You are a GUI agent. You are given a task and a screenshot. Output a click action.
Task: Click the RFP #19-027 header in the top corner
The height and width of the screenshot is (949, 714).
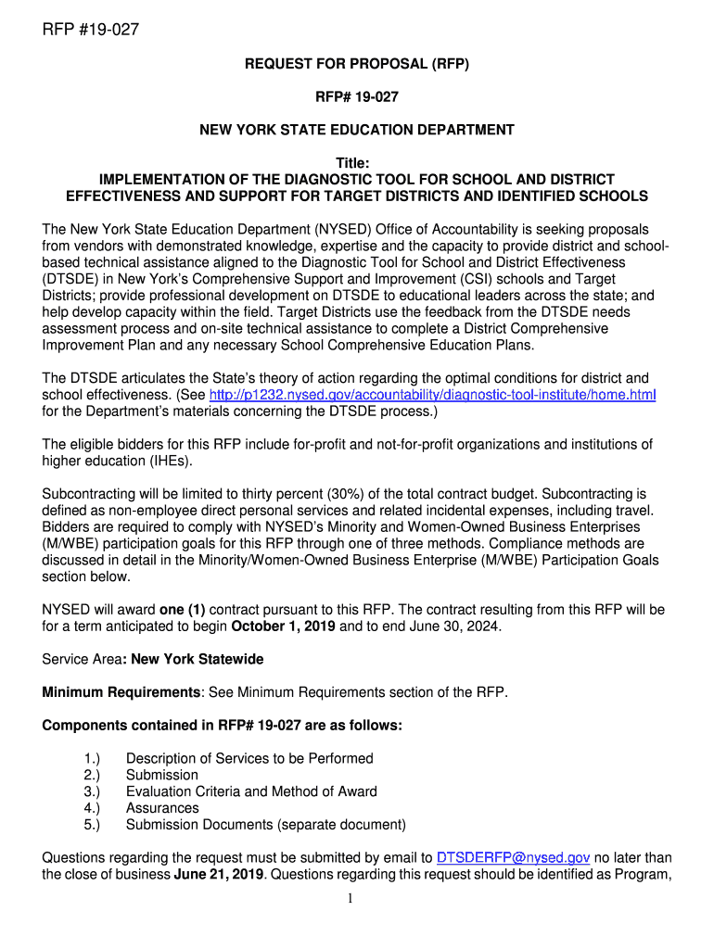pos(91,31)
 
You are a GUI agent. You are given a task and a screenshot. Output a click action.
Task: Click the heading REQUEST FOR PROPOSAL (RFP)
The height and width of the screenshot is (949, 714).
pos(357,64)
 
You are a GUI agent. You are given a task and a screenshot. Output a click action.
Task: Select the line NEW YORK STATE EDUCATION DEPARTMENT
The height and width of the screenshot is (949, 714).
pos(357,130)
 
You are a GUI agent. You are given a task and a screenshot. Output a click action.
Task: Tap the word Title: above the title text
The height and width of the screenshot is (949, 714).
pos(357,163)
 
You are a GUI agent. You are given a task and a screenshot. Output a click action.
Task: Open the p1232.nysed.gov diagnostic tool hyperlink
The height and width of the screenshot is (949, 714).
pos(433,395)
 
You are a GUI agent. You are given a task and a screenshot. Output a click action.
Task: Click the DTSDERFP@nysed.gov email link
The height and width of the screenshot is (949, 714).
pos(513,857)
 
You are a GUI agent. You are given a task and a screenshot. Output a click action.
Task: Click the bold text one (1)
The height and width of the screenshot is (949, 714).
pos(183,610)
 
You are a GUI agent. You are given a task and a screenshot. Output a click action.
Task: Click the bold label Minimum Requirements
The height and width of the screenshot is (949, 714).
pos(121,692)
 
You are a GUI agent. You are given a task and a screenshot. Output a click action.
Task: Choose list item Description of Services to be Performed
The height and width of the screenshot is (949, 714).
pos(249,758)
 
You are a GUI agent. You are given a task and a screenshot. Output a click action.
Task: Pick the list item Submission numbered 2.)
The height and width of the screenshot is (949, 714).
pos(162,775)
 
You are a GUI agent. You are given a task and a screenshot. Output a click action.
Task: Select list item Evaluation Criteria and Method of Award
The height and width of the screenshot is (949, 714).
pos(251,791)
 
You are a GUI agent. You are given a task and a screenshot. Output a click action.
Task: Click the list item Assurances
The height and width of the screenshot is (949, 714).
pos(162,808)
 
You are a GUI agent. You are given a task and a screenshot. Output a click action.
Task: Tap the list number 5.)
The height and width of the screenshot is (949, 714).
pos(92,825)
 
